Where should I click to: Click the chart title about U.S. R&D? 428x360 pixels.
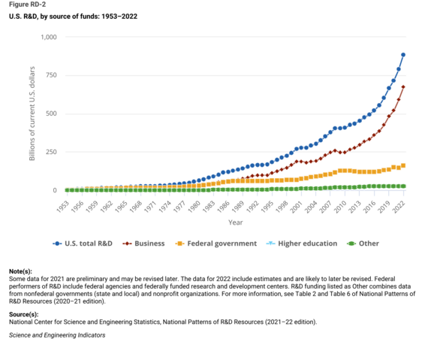(63, 17)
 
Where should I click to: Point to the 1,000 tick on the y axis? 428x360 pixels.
(47, 37)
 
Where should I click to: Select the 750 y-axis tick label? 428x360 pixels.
(50, 75)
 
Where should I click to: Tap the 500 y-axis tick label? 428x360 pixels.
(50, 113)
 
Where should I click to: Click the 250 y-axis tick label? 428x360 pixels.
(50, 152)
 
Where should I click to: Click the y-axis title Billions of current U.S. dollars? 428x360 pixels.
(32, 113)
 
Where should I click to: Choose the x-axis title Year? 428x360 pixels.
(235, 222)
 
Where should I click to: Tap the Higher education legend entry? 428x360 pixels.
(302, 244)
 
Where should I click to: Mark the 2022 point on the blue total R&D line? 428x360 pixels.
(404, 55)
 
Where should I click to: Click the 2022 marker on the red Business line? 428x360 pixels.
(404, 87)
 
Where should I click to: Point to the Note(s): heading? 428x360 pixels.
(20, 270)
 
